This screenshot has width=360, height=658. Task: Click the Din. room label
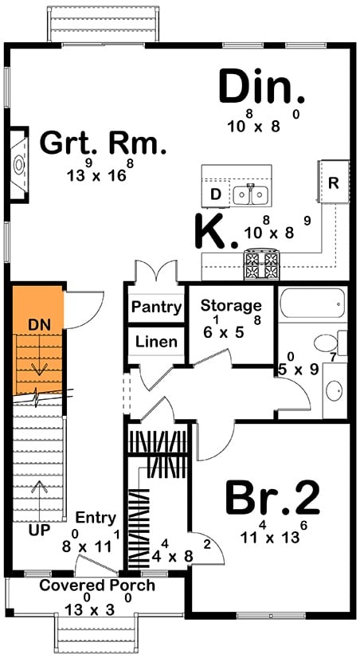pos(261,88)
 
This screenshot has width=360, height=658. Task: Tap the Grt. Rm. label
pos(104,144)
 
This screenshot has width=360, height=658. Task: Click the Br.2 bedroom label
pos(272,499)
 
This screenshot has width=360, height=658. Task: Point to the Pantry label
pos(156,307)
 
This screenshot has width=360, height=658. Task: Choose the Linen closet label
pos(156,343)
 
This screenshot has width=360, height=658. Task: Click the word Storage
pos(231,305)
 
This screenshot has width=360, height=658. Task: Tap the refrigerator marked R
pos(334,182)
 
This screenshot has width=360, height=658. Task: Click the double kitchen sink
pos(251,194)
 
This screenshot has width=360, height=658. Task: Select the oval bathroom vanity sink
pos(335,392)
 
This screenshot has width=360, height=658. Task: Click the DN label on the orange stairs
pos(37,325)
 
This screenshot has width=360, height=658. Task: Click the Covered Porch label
pos(98,586)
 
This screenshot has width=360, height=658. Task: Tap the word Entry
pos(96,517)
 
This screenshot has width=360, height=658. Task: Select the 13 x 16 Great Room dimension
pos(96,174)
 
